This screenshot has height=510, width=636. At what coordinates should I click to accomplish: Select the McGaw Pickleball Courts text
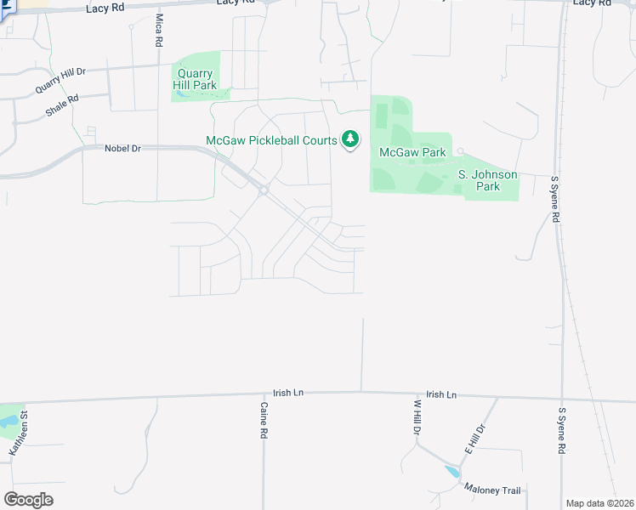coord(272,140)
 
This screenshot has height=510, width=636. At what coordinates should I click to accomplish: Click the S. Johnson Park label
coord(487,180)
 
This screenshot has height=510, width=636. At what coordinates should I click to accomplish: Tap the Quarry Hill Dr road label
coord(61,81)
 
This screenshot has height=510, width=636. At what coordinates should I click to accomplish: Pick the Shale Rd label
coord(62,105)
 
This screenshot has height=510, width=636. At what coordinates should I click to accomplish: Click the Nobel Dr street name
coord(122,147)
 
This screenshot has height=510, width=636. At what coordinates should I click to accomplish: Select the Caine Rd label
coord(264,421)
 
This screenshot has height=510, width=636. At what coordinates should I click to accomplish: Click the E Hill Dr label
coord(474,438)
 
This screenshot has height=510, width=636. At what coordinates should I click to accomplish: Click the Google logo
coord(28,499)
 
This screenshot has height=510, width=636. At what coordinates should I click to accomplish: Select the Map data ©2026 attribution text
coord(599,502)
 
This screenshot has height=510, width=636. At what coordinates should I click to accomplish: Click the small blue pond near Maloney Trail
coord(451,471)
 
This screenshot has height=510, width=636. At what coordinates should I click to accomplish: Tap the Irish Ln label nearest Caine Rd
coord(287,394)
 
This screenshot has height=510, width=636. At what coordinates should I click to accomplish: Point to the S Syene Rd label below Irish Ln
coord(562,431)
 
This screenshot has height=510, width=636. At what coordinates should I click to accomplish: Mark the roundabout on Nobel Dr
coord(264,190)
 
